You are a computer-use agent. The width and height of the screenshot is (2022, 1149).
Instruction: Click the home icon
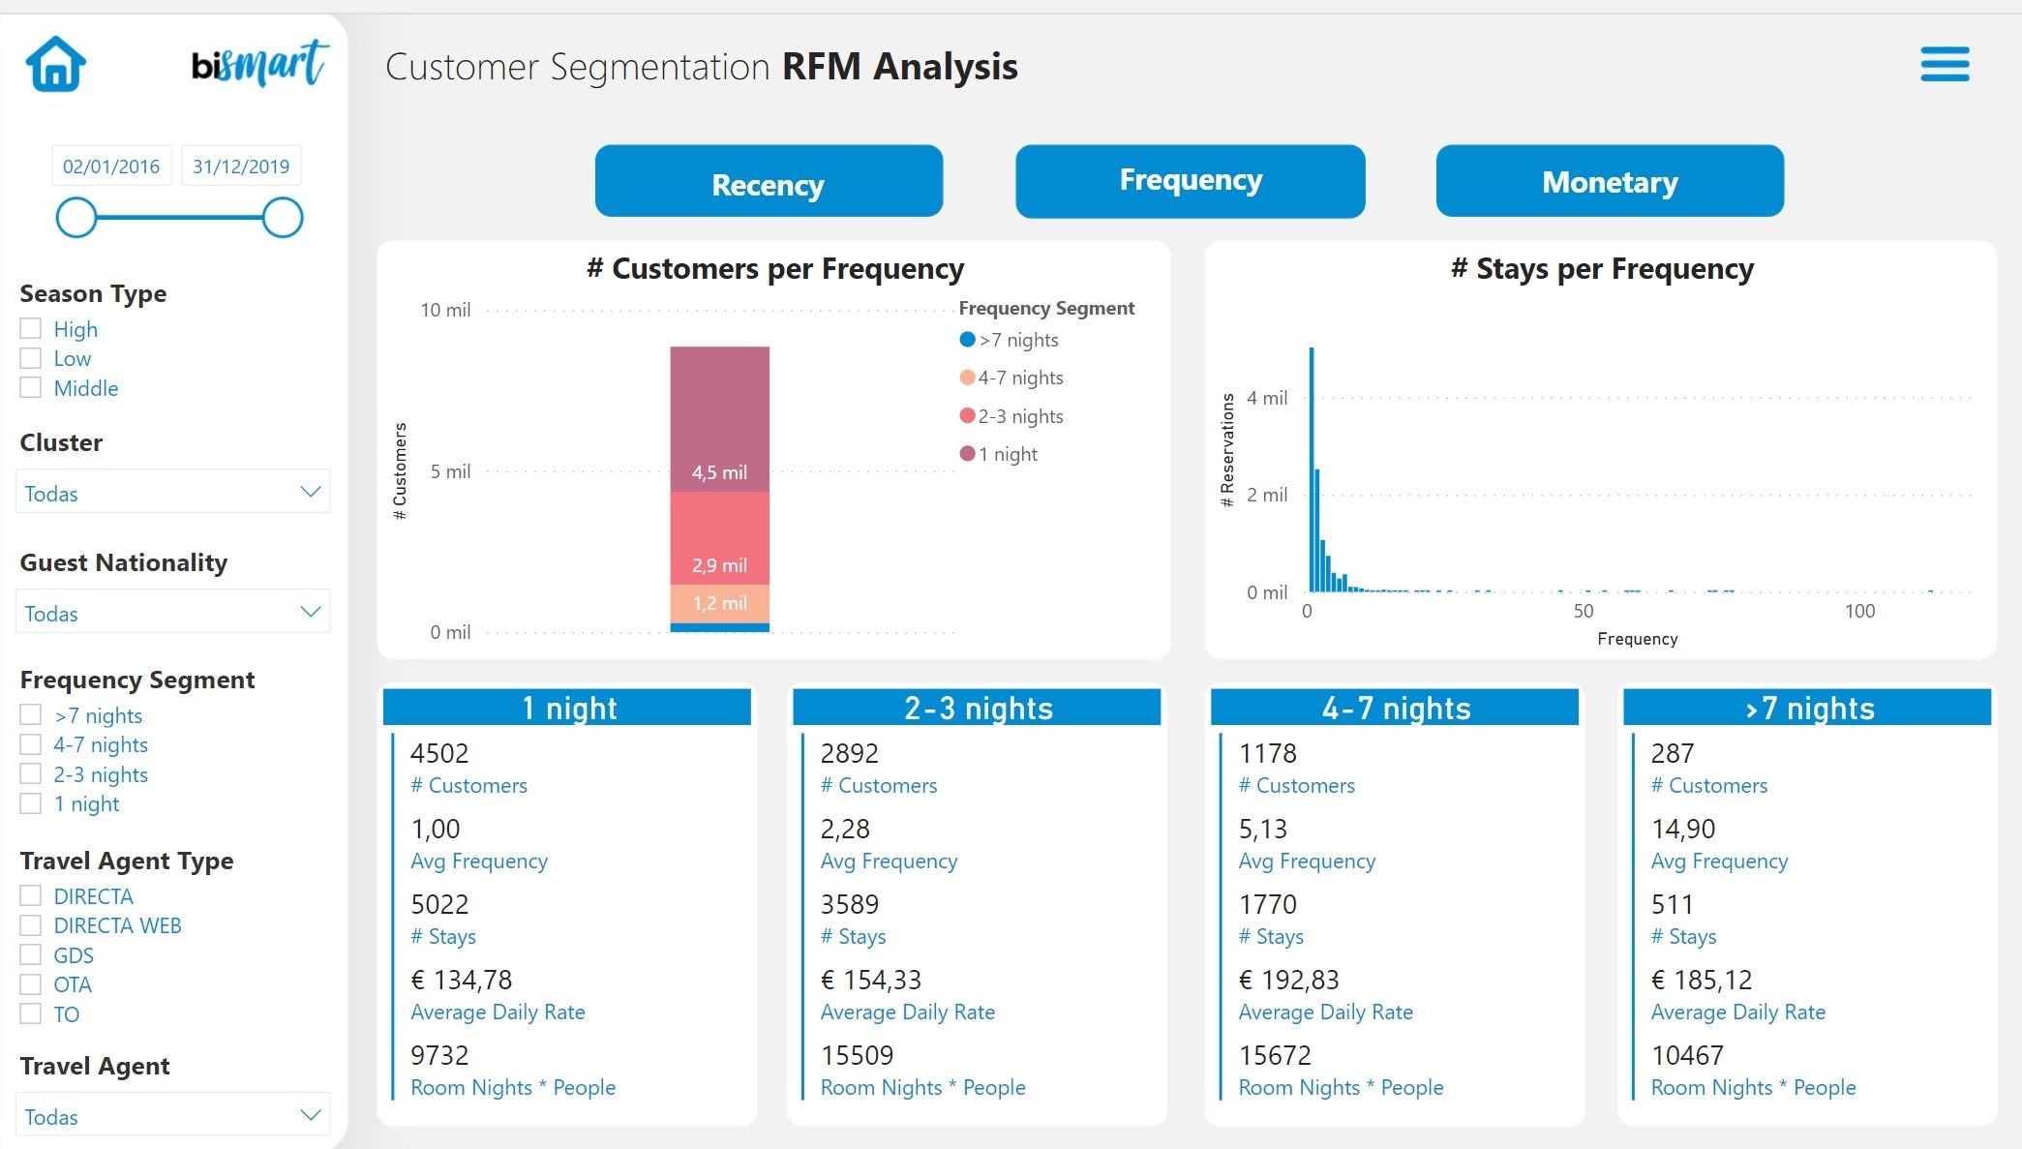coord(56,64)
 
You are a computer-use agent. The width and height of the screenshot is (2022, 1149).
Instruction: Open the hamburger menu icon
coord(1945,65)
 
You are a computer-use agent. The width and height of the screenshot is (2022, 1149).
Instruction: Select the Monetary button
coord(1610,181)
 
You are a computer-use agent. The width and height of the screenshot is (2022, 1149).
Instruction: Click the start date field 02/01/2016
coord(111,166)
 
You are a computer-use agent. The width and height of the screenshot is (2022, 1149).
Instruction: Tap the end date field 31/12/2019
coord(241,166)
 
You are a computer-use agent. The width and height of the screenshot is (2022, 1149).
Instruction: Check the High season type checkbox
coord(31,328)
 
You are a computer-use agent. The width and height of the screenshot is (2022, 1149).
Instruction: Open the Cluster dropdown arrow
coord(310,492)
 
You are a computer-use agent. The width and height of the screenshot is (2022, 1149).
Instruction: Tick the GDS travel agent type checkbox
coord(31,954)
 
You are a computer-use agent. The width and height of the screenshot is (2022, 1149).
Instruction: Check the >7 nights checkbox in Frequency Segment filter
coord(31,714)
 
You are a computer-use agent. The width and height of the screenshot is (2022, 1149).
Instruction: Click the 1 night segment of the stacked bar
coord(719,418)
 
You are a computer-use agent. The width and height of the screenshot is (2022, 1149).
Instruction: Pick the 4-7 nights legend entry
coord(1019,378)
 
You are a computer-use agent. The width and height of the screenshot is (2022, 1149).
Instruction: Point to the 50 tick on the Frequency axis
coord(1583,611)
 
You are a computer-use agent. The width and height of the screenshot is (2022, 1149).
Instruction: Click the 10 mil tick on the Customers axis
coord(445,310)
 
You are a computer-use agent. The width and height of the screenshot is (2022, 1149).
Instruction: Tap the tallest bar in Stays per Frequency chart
coord(1312,469)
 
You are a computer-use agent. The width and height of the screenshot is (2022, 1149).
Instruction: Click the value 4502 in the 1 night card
coord(439,753)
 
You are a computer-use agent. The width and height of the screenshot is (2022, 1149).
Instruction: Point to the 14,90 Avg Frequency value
coord(1682,829)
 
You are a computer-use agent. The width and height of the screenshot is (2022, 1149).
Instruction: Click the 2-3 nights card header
coord(977,708)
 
